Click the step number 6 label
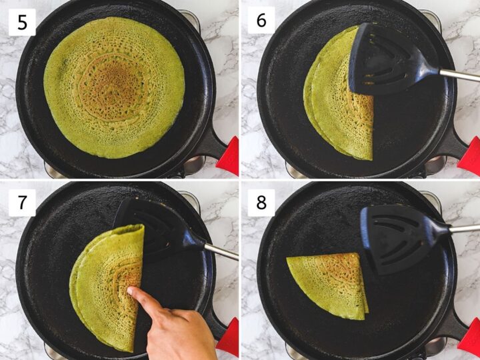(261, 21)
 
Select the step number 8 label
(261, 202)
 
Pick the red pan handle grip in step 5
(228, 157)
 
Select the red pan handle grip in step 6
(469, 157)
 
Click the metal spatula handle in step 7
(220, 251)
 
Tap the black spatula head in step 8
(393, 237)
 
